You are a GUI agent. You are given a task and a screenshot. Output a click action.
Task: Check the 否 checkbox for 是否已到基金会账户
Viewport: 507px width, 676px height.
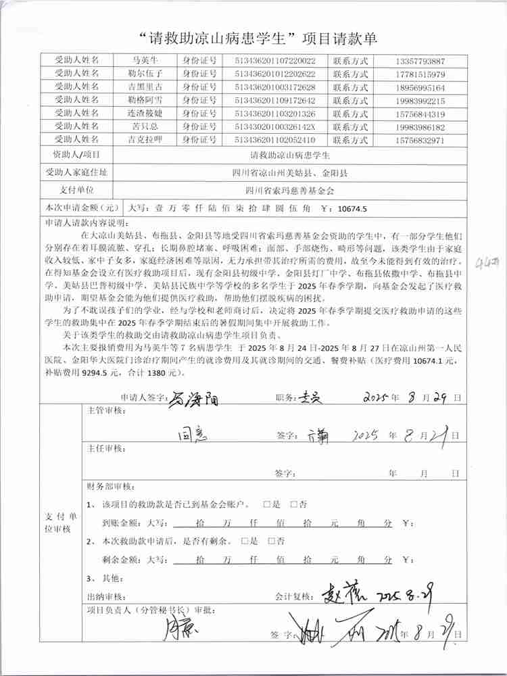click(294, 504)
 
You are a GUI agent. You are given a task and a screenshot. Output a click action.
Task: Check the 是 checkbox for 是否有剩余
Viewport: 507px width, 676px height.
click(245, 541)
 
